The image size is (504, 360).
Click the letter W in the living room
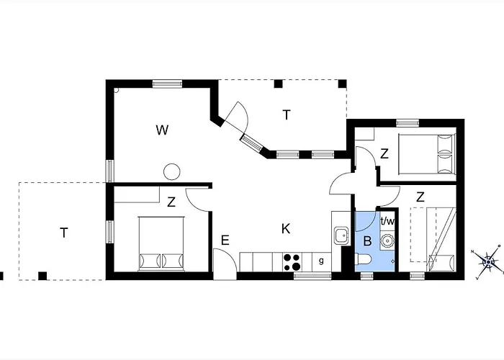[162, 130]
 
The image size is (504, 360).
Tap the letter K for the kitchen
[286, 229]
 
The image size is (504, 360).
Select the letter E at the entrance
[225, 240]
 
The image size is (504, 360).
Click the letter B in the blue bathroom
[367, 241]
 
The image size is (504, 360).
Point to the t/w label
[387, 221]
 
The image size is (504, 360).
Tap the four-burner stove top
[292, 262]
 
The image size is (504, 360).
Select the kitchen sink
[341, 235]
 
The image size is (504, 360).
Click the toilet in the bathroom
[363, 258]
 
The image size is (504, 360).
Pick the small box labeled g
[321, 261]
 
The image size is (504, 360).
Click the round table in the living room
[171, 171]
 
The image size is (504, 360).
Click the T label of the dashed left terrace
[64, 233]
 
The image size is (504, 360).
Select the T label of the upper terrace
[287, 114]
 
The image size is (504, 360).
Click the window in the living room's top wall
[167, 84]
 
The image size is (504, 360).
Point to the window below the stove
[312, 276]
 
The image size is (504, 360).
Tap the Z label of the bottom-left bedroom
[171, 202]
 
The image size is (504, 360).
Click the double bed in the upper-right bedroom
[427, 155]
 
